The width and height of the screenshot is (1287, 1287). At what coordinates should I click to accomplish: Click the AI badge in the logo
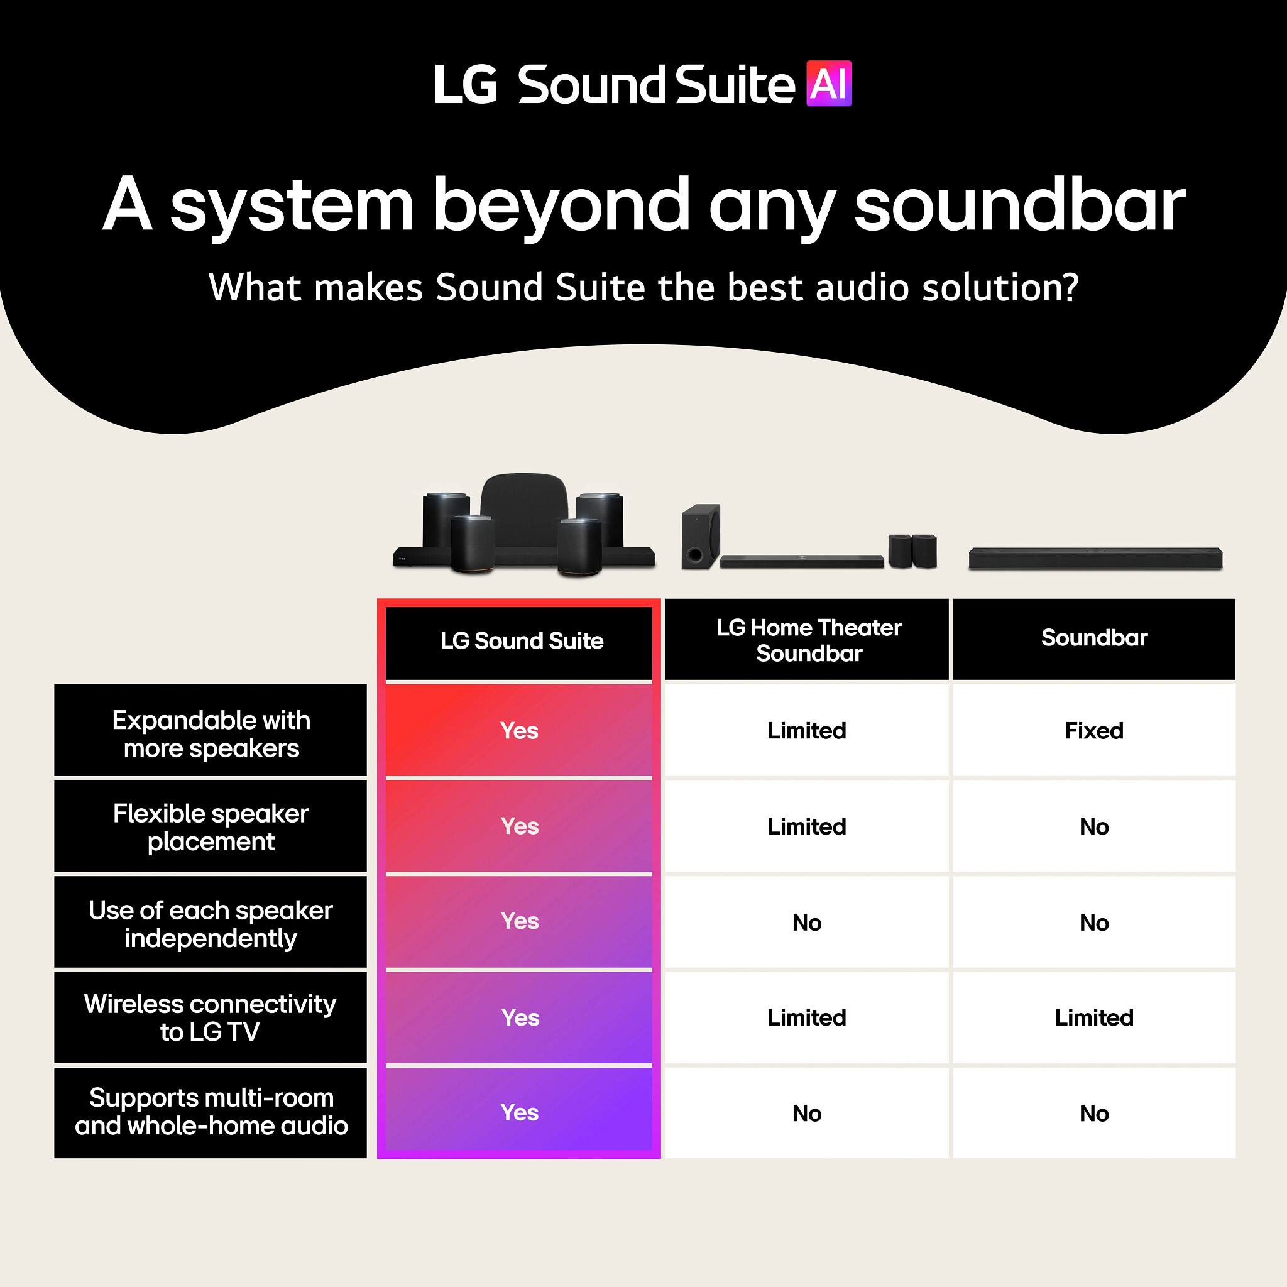[x=828, y=84]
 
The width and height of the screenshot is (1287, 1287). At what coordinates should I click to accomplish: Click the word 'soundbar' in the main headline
[x=1019, y=204]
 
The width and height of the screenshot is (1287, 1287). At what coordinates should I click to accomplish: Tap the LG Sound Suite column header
[x=521, y=641]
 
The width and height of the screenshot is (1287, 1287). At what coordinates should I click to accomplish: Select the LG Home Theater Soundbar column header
[x=808, y=640]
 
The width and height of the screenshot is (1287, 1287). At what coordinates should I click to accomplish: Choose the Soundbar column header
[x=1094, y=638]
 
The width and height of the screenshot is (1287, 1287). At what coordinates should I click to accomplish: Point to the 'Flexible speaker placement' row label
[x=211, y=828]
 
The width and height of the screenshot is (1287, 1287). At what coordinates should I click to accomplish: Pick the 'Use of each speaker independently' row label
[x=211, y=924]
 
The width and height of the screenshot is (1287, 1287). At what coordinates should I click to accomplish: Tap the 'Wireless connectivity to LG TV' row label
[x=211, y=1018]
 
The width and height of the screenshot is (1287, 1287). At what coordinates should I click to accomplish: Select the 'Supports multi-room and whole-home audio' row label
[x=211, y=1112]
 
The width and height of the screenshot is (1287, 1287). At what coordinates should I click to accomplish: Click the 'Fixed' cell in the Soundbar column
[x=1094, y=731]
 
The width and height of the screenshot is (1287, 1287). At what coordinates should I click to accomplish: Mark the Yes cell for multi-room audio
[x=520, y=1112]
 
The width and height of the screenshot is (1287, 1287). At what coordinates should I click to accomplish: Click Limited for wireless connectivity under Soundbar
[x=1094, y=1018]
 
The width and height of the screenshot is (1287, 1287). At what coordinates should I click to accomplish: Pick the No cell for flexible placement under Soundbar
[x=1094, y=827]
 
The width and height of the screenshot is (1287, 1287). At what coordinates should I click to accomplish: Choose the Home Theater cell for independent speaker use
[x=807, y=923]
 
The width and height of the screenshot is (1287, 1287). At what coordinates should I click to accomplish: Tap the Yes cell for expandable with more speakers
[x=519, y=731]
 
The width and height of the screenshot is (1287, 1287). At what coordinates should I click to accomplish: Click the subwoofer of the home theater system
[x=700, y=535]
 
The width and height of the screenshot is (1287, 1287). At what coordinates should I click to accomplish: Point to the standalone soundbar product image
[x=1095, y=558]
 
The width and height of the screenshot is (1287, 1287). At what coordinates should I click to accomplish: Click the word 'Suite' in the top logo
[x=734, y=85]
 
